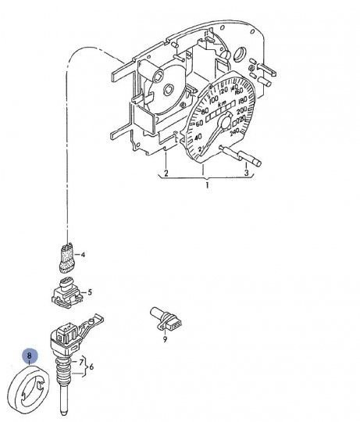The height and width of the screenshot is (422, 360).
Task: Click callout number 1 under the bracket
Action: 208,187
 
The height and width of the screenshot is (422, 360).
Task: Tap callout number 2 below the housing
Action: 166,172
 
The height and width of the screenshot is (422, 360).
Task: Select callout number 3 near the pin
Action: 246,172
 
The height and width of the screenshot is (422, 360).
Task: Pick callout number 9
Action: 165,338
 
